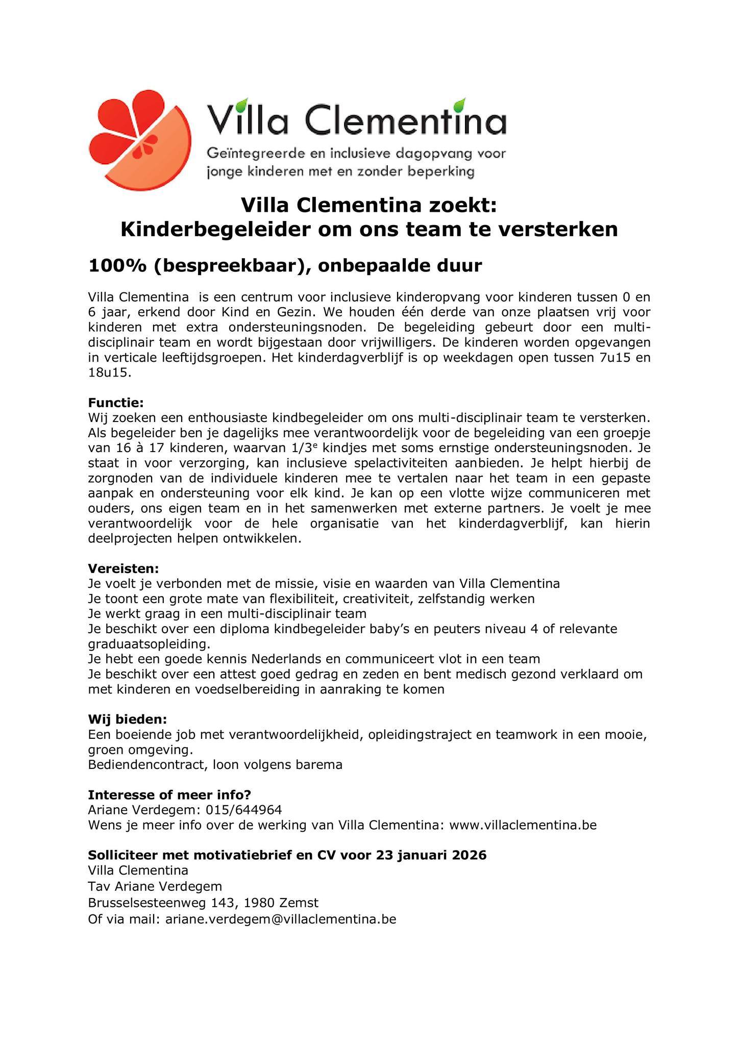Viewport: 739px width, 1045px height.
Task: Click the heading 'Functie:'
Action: click(116, 403)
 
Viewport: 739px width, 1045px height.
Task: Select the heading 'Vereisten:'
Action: click(124, 568)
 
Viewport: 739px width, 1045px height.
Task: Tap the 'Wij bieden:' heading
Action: click(127, 719)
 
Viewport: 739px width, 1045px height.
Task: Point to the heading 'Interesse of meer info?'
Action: click(169, 795)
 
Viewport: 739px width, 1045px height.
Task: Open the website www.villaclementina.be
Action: click(523, 825)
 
